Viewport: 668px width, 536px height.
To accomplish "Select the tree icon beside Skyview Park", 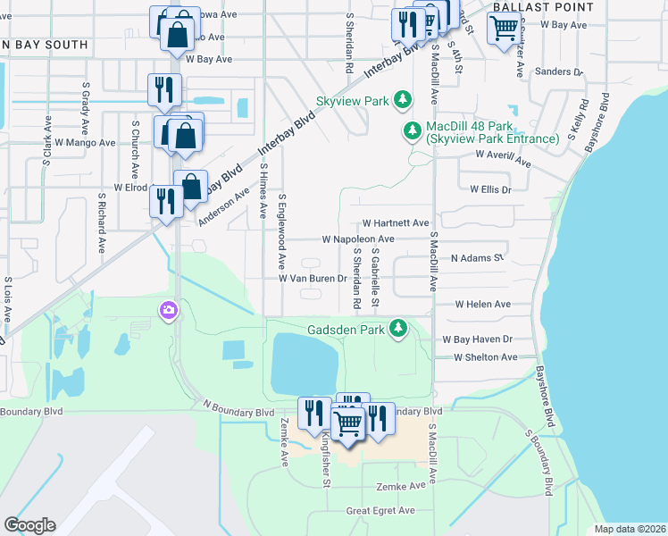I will click(403, 100).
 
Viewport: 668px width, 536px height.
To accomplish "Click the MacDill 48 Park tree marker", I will click(413, 131).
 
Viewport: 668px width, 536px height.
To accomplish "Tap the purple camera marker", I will click(167, 311).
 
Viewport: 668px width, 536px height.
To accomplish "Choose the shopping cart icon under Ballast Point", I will click(504, 29).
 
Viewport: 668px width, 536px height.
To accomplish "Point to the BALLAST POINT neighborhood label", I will click(542, 7).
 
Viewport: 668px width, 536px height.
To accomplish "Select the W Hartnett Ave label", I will click(396, 222).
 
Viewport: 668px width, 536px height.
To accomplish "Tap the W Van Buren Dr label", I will click(313, 279).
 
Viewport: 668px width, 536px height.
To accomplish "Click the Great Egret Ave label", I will click(381, 510).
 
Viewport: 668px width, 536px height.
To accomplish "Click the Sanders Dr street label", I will click(557, 71).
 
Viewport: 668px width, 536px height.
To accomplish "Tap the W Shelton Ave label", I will click(486, 357).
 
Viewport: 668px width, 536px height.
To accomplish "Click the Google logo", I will click(29, 525).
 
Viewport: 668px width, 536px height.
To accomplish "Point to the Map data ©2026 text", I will click(630, 529).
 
